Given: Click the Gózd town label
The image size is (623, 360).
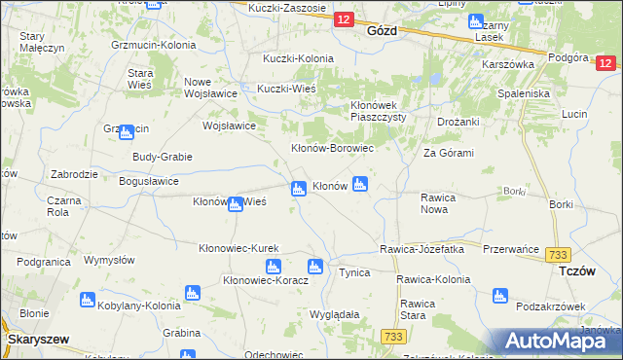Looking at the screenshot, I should point(379,30).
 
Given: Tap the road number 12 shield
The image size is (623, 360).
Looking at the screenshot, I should point(343,19).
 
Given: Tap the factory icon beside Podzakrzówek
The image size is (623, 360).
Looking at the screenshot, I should point(500,296).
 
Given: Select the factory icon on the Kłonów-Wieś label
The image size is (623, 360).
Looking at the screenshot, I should point(235,203).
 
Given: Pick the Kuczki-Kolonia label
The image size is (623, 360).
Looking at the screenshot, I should point(298,58).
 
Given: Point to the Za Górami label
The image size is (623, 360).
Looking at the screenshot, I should point(448,153).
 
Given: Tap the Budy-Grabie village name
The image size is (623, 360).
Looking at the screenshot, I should point(163,157).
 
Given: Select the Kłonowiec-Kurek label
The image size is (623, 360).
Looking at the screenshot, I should point(238,249).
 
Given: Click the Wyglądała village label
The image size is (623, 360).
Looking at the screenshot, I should point(335,315).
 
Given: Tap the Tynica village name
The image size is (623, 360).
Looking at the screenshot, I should point(353,272).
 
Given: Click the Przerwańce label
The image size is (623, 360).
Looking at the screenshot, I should point(511,249).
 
